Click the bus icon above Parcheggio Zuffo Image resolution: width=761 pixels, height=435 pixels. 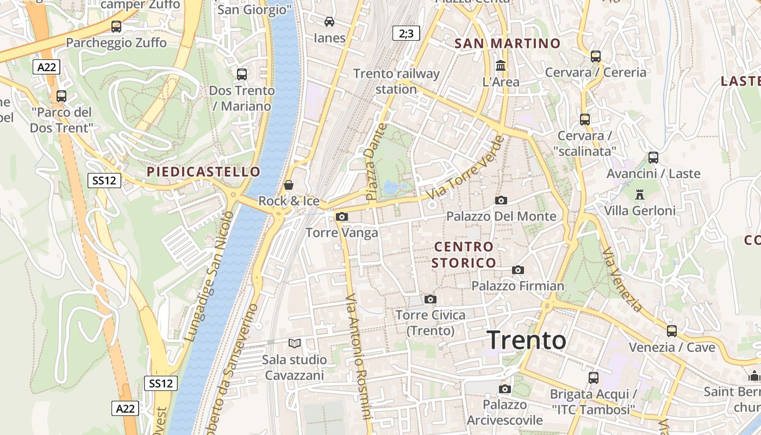click(116, 26)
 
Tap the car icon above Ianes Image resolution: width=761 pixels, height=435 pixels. click(329, 22)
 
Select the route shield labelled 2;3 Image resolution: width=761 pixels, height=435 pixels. click(406, 34)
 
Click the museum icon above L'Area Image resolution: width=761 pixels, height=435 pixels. click(501, 65)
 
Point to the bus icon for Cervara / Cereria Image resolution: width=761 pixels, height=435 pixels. click(596, 56)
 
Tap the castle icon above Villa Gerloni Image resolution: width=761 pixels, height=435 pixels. click(639, 194)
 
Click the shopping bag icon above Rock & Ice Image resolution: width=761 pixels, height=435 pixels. click(289, 185)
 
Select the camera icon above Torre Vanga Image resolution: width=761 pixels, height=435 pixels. click(341, 216)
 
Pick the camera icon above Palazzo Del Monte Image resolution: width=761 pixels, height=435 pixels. click(501, 200)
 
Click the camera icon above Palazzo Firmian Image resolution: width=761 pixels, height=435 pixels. click(518, 270)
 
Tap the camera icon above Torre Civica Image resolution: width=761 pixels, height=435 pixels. click(431, 299)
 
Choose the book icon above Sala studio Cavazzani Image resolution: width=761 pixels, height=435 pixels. click(295, 343)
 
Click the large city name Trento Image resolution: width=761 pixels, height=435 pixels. click(526, 340)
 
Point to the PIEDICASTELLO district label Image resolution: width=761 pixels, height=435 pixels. click(203, 172)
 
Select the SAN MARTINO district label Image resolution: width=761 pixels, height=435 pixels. click(507, 43)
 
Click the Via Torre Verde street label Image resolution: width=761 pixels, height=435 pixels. click(466, 167)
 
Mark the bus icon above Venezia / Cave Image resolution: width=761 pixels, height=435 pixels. click(672, 331)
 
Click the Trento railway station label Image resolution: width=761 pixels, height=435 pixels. click(396, 81)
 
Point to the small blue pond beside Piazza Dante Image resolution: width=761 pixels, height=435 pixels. click(391, 188)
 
